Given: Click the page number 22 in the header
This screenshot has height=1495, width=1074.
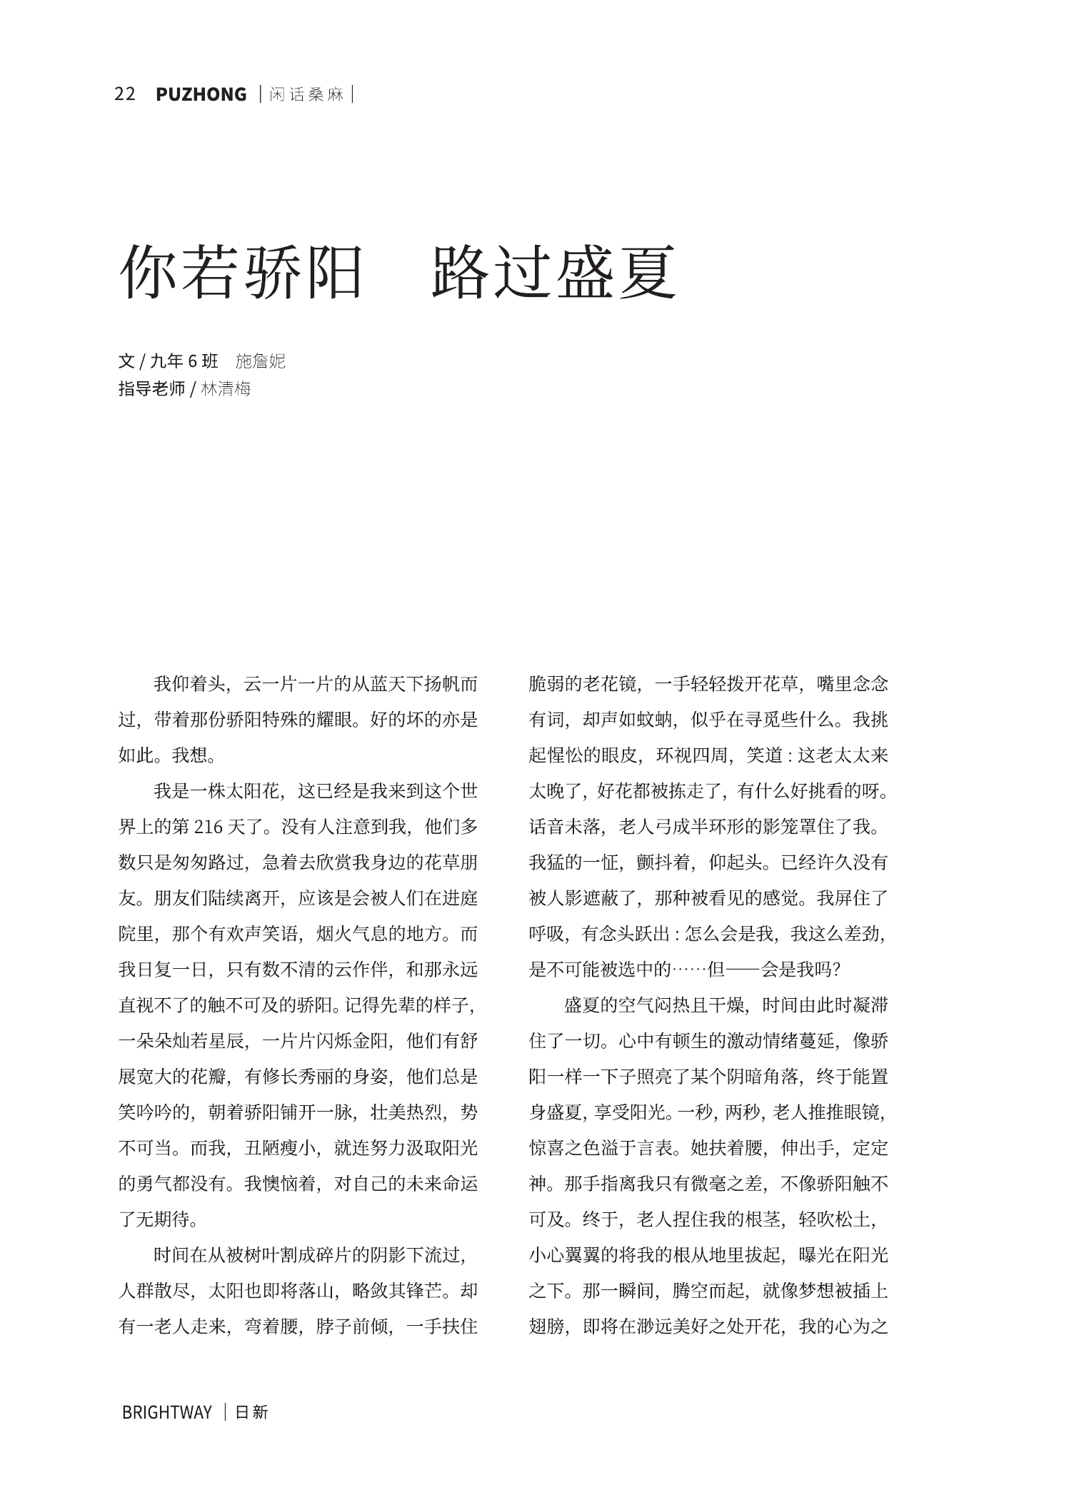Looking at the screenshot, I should tap(125, 94).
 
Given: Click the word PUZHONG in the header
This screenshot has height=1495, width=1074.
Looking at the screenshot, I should tap(201, 94).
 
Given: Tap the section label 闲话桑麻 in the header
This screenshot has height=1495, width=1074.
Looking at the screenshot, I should tap(306, 95).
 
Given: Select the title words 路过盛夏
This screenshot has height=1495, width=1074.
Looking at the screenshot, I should tap(554, 272).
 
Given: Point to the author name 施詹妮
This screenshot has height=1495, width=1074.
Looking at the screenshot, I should tap(260, 361).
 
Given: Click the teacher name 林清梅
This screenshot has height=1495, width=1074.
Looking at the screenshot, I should tap(226, 389).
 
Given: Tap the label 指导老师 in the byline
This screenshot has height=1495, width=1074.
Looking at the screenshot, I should tap(151, 389).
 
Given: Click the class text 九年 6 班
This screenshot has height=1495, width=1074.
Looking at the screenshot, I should tap(184, 361).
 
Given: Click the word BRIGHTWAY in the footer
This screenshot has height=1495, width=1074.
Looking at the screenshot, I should tap(167, 1412).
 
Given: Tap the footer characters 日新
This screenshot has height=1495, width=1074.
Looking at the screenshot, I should tap(251, 1412).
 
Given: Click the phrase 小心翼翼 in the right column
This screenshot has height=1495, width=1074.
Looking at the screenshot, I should tap(565, 1255).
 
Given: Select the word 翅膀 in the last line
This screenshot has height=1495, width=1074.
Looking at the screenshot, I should tap(547, 1327).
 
